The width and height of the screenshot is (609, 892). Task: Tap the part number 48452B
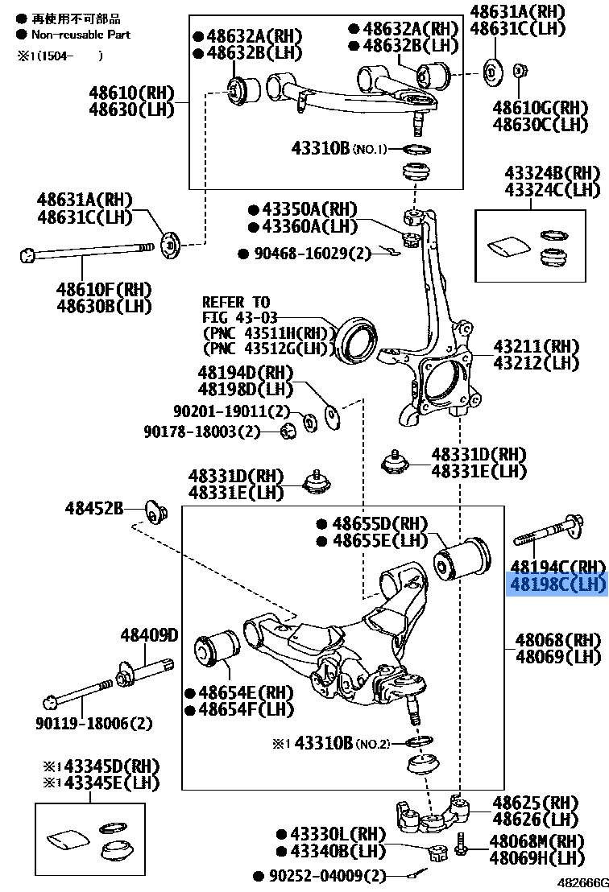point(93,508)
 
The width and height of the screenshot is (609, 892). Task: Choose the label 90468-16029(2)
point(304,254)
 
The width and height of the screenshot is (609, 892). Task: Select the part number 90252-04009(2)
point(319,875)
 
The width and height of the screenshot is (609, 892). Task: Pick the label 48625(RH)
point(535,803)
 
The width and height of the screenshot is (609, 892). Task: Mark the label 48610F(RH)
point(103,288)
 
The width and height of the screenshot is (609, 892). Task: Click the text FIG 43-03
point(236,318)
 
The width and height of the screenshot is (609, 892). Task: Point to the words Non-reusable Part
point(81,35)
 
